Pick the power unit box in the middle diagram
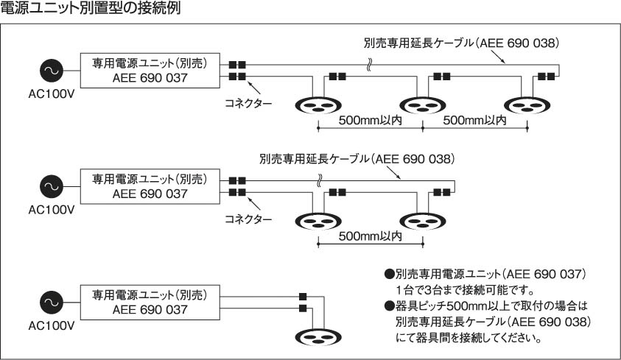pos(150,186)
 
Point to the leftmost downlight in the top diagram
pos(318,106)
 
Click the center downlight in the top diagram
pos(423,106)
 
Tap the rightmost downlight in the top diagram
pos(528,106)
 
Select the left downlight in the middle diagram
pos(318,222)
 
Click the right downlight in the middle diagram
pos(423,222)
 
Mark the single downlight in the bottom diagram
pos(318,337)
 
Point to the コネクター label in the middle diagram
pos(248,219)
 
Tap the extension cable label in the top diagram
pos(466,42)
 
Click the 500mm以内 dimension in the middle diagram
pos(371,236)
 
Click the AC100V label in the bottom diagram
pos(51,324)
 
